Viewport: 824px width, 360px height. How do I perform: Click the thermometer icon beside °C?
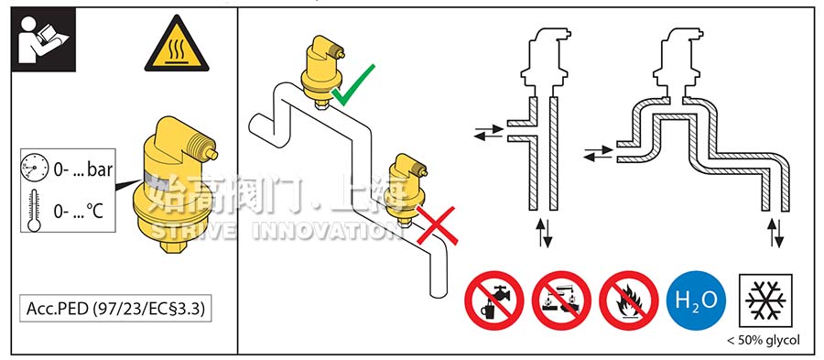34,211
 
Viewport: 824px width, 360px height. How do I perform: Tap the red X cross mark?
438,225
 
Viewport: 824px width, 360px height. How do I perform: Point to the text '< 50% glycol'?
763,341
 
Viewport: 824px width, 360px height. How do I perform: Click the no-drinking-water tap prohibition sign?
493,300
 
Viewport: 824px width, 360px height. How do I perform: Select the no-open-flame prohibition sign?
628,300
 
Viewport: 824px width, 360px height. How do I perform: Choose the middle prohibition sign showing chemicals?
560,300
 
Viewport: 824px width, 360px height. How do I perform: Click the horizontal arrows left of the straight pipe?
490,135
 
